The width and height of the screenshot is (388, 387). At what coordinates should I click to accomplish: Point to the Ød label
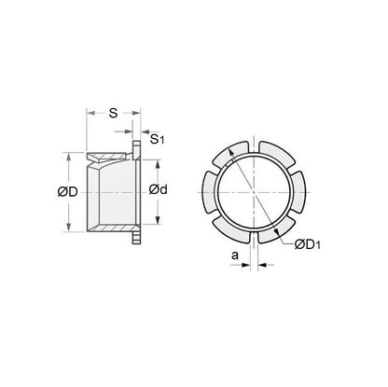pos(159,191)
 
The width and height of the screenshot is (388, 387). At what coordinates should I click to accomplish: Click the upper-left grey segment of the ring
pos(229,156)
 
